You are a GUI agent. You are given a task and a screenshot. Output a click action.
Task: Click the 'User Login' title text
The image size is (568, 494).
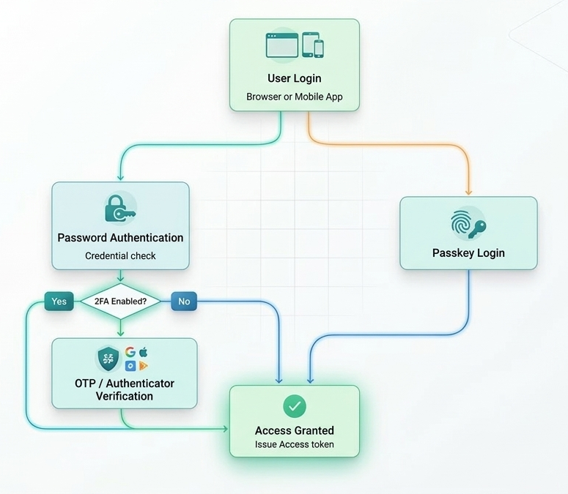pos(294,78)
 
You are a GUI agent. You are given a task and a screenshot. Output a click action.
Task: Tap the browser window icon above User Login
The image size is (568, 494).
pos(281,45)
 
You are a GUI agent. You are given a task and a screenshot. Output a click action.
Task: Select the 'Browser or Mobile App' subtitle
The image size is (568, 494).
pos(294,97)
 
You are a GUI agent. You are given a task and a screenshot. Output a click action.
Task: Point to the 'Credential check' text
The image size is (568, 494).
pos(120,255)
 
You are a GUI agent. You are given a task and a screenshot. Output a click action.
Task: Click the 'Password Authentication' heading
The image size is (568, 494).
pos(120,238)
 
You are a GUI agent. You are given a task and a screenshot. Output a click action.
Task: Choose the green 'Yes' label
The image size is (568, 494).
pos(59,301)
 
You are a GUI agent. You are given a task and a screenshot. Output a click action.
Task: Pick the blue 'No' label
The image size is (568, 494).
pos(184,301)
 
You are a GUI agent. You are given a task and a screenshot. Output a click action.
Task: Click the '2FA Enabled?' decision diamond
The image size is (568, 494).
pos(120,301)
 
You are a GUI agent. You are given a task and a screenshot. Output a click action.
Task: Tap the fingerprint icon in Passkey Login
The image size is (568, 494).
pos(460,224)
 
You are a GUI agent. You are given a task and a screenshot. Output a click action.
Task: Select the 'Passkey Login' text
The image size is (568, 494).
pos(468,253)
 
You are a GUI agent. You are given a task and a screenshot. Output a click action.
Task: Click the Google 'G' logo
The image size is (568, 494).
pos(130,352)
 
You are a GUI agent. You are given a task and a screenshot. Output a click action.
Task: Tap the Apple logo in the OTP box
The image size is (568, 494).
pos(144,352)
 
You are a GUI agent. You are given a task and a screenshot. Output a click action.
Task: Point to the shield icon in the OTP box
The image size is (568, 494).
pos(109,359)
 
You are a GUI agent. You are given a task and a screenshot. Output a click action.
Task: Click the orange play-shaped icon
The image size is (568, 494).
pos(144,365)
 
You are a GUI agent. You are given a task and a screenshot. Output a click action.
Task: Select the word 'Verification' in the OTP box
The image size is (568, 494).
pos(125,396)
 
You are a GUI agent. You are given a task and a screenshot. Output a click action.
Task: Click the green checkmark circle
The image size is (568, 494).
pos(295,405)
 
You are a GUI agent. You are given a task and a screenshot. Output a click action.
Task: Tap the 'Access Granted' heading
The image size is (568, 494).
pos(294,430)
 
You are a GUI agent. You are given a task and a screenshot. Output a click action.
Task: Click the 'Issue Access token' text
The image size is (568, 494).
pos(294,444)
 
